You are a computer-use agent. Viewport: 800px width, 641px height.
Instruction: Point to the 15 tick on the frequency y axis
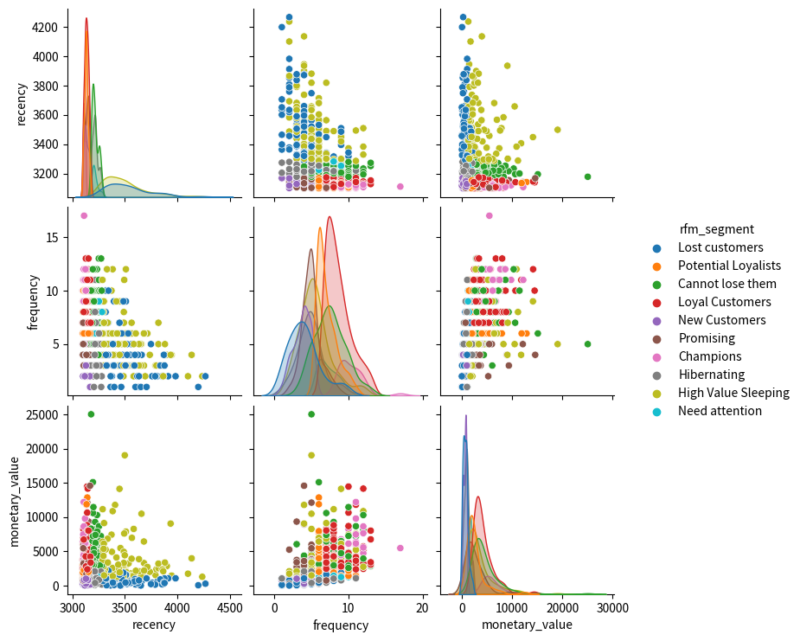coord(54,237)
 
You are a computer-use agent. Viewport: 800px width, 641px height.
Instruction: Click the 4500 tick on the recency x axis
coord(230,606)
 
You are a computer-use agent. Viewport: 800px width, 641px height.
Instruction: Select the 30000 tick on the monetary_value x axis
coord(612,606)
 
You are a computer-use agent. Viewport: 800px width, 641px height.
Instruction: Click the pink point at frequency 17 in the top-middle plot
coord(400,186)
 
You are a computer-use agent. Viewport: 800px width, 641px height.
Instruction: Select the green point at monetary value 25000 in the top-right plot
coord(587,176)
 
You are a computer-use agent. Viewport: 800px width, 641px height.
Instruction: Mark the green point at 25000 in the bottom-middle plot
coord(311,414)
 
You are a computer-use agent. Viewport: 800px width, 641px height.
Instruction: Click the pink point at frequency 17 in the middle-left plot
coord(84,215)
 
